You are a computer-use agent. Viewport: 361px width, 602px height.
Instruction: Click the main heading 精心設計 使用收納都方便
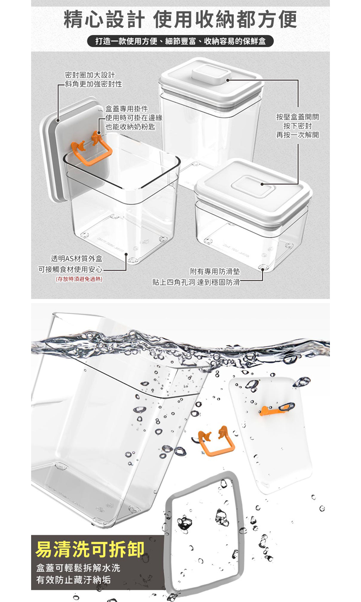coord(180,20)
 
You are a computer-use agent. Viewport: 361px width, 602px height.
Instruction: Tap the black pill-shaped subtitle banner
coord(180,41)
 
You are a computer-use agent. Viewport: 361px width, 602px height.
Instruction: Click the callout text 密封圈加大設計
coord(90,75)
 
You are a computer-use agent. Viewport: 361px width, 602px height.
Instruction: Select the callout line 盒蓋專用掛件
coord(126,108)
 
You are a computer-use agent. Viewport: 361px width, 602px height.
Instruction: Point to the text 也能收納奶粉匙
coord(130,126)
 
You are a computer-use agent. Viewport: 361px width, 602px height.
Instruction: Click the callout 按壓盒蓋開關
coord(298,117)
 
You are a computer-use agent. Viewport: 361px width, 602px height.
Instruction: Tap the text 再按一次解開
coord(298,134)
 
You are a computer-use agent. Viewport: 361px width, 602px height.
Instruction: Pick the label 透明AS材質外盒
coord(77,258)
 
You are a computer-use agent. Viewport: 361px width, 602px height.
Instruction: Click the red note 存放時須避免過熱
coord(79,279)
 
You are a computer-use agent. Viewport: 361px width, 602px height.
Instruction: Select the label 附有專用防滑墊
coord(215,271)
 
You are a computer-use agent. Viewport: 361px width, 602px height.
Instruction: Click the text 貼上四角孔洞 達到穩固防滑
coord(196,282)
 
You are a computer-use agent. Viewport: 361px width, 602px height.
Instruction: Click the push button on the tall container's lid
coord(212,73)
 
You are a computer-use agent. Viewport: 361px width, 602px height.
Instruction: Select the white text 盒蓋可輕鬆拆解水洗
coord(78,568)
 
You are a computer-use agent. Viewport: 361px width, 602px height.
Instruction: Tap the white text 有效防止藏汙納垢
coord(73,580)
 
